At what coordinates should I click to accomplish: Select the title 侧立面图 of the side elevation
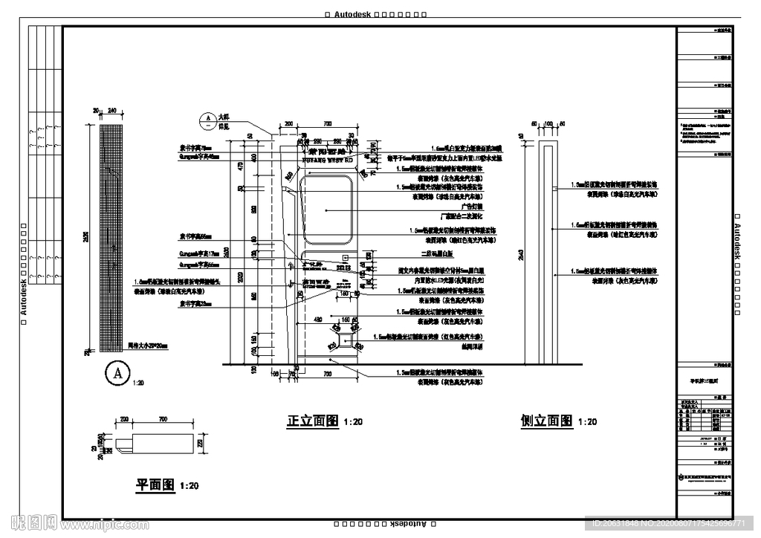[547, 421]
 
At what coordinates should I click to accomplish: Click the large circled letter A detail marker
[116, 374]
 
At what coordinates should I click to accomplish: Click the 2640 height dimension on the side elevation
[522, 256]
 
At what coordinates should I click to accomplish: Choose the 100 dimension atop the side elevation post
[550, 123]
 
